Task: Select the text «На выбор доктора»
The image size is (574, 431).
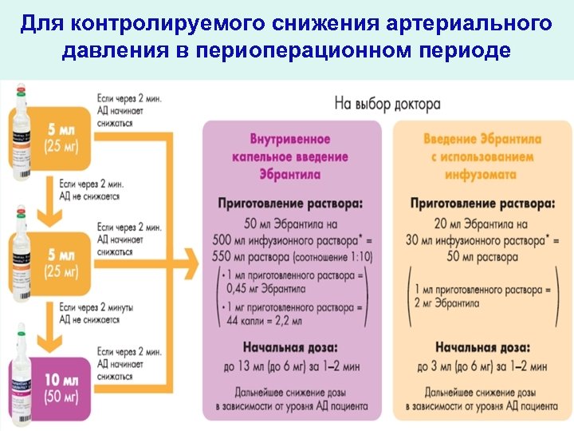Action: tap(387, 104)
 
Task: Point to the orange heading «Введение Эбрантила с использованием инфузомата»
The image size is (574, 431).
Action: tap(482, 156)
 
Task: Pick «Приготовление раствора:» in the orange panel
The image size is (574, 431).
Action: tap(482, 204)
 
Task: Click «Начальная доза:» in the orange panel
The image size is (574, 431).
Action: tap(482, 347)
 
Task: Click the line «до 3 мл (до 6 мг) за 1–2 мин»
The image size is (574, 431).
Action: tap(482, 366)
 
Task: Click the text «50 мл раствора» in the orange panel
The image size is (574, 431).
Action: tap(482, 257)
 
